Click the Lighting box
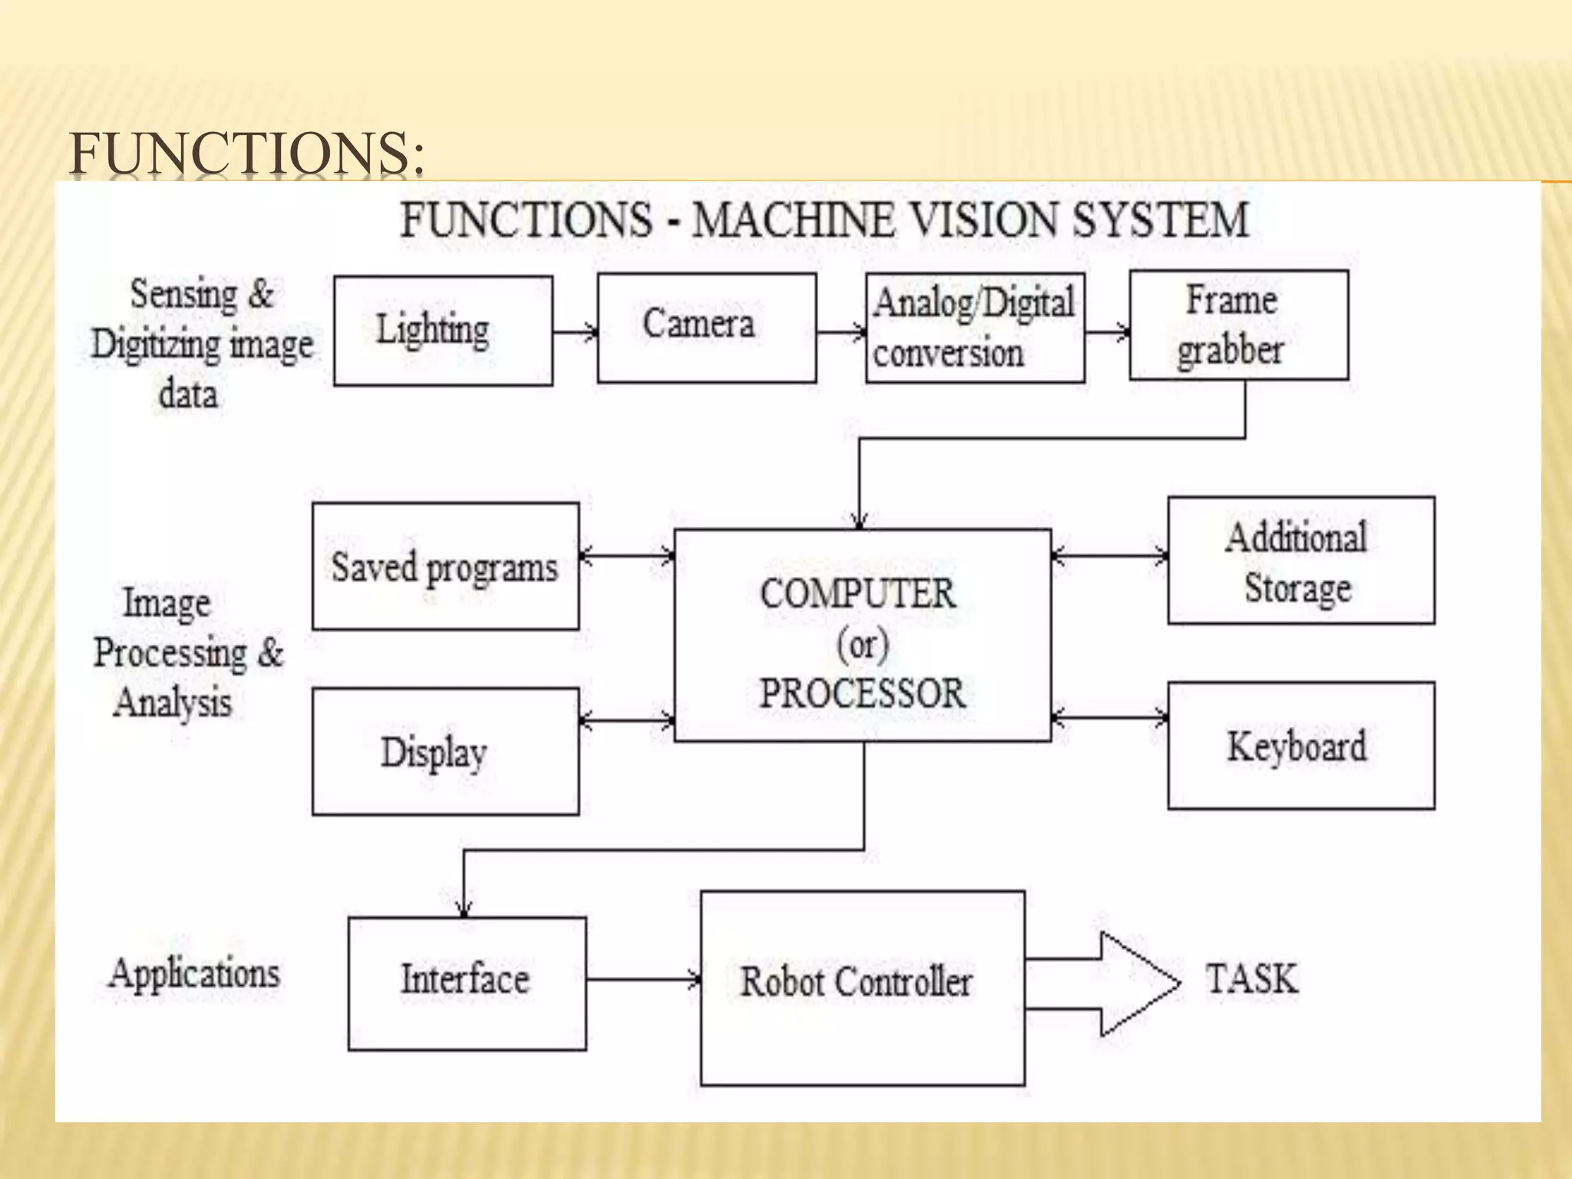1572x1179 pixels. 443,331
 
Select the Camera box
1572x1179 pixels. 706,328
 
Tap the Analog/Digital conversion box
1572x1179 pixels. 975,328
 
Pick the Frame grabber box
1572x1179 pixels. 1238,325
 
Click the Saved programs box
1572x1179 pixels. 445,566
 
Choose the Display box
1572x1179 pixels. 445,751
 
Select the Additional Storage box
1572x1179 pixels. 1300,560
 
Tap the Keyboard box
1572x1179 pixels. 1300,745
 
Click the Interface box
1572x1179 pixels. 467,983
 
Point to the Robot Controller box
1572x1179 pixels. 862,988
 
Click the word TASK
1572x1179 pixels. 1251,979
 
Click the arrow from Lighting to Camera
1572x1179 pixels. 574,332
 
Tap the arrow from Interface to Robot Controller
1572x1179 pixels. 643,979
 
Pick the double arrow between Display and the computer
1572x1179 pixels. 626,720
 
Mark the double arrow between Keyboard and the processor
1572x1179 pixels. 1109,718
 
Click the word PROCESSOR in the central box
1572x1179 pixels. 862,693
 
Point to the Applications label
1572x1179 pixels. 195,974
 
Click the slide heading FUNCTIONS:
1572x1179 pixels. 246,153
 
